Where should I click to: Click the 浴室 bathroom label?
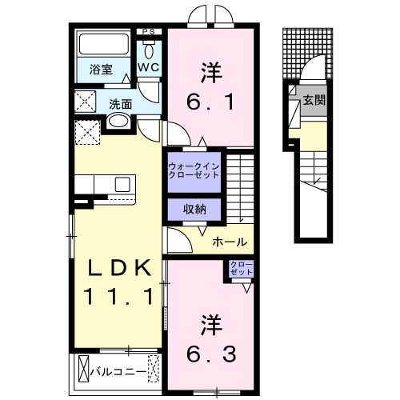tap(100, 69)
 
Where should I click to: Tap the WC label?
tap(148, 69)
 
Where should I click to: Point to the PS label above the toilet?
tap(148, 32)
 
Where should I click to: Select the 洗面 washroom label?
tap(121, 103)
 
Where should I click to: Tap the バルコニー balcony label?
tap(117, 372)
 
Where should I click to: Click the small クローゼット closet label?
tap(241, 268)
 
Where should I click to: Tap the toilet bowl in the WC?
tap(149, 49)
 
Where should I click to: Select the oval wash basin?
tap(118, 122)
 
